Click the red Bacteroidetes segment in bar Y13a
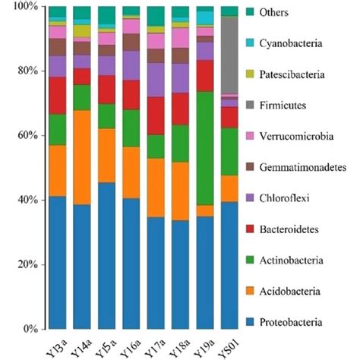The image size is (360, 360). point(58,95)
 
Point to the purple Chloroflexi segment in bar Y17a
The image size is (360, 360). point(156,80)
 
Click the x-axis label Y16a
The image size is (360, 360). point(130,345)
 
